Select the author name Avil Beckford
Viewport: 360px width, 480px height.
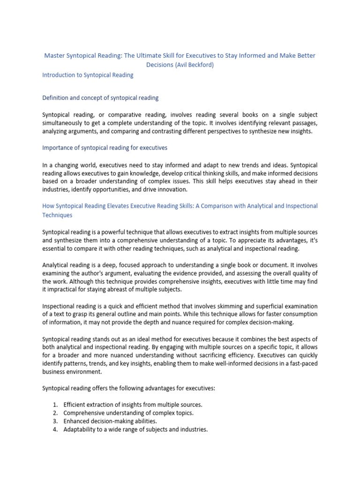pos(194,65)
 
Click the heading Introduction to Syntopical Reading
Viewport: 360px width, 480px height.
pos(88,75)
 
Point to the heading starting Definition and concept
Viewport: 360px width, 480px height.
pos(100,98)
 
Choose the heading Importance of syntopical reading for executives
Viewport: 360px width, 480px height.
pos(105,148)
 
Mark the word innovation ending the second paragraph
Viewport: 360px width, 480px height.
pos(170,189)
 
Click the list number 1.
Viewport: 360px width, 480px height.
pos(55,405)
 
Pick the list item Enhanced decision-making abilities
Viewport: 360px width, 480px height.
pos(110,421)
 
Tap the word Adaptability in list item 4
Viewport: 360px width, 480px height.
pos(81,429)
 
